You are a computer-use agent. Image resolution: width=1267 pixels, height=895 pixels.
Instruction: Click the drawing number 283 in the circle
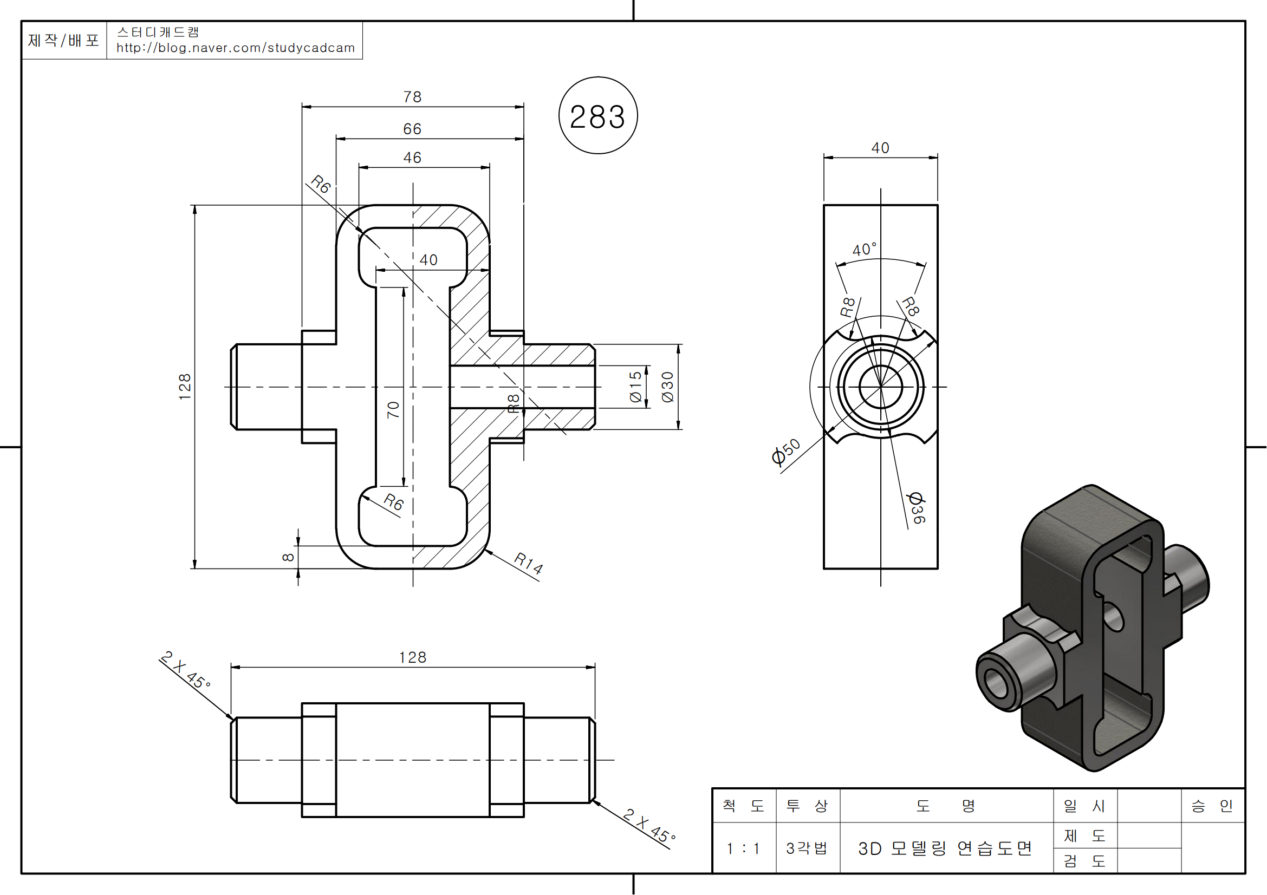click(597, 117)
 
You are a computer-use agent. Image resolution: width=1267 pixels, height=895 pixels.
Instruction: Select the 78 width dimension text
click(412, 97)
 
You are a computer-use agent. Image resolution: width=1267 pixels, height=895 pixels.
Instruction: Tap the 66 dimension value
click(412, 129)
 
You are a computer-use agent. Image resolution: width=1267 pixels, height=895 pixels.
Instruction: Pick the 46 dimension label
click(412, 158)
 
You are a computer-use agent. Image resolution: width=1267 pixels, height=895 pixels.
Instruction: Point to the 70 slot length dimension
click(393, 410)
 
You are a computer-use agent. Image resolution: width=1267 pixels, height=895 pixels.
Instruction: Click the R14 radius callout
click(528, 563)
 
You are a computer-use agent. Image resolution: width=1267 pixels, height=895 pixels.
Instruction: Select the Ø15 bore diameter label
click(636, 387)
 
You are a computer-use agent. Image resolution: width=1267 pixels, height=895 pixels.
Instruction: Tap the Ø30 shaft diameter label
click(668, 387)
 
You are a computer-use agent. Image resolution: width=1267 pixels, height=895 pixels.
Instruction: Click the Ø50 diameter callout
click(786, 452)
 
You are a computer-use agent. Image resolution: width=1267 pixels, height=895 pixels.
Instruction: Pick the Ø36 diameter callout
click(916, 507)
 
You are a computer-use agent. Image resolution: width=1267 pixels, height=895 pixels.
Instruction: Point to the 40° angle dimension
click(864, 250)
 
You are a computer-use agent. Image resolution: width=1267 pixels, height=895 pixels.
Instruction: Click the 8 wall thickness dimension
click(288, 558)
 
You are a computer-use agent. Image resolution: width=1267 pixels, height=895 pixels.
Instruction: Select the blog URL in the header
click(236, 48)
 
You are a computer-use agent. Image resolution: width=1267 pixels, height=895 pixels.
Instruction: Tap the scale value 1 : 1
click(743, 848)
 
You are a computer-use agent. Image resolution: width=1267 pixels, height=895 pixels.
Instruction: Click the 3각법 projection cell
click(807, 848)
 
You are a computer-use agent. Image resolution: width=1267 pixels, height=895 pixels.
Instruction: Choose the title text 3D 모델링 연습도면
click(945, 848)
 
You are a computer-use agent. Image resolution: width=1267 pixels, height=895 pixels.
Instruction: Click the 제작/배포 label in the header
click(63, 40)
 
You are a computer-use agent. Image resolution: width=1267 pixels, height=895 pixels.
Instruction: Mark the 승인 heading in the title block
click(1212, 806)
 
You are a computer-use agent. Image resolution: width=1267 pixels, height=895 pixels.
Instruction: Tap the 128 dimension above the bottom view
click(413, 658)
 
